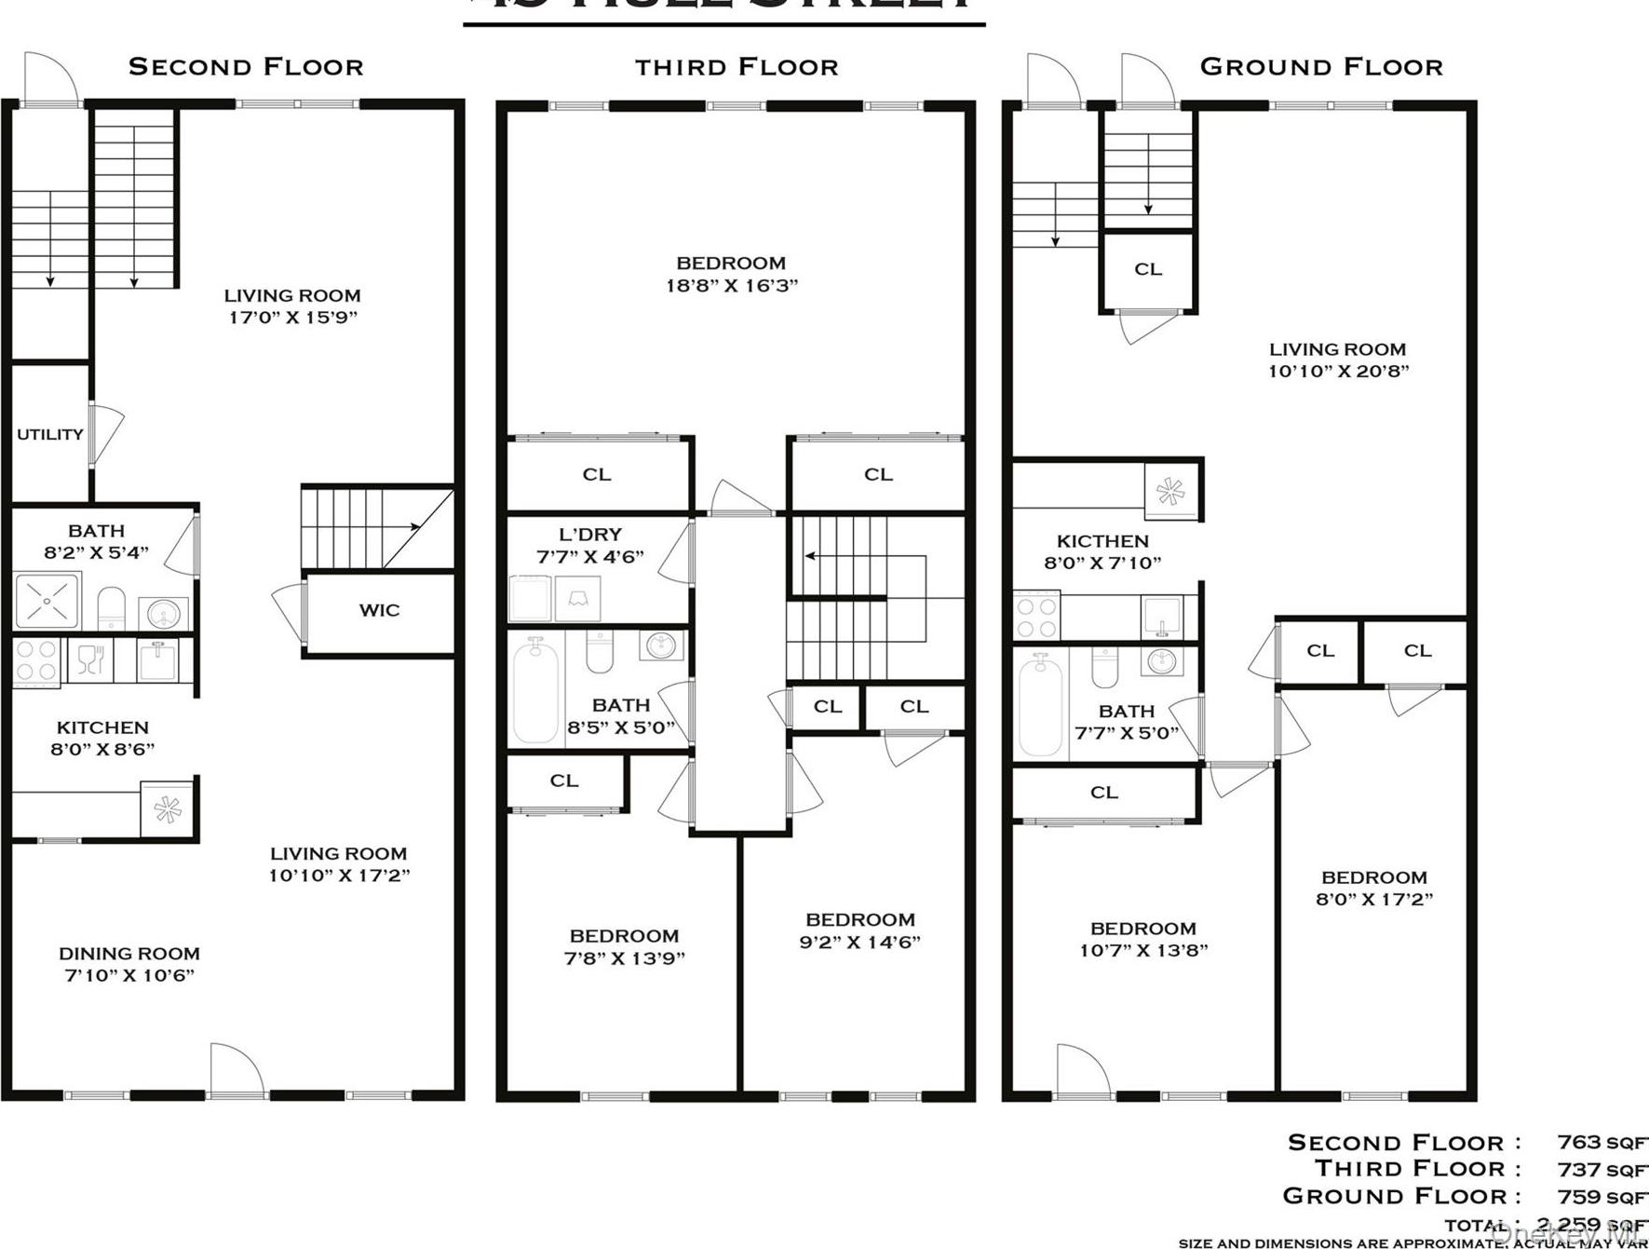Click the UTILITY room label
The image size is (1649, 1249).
click(50, 434)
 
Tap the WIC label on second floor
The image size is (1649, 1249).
click(379, 610)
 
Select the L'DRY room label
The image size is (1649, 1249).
click(590, 535)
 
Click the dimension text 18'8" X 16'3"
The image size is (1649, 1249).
click(732, 286)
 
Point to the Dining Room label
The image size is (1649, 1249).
click(128, 954)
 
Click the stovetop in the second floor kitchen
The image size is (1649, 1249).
click(36, 660)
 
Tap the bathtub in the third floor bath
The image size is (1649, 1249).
click(535, 690)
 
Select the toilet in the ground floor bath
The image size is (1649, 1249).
click(1104, 667)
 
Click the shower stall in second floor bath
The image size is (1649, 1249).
click(47, 601)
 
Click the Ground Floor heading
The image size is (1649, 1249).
click(1320, 67)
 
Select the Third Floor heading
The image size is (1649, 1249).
click(737, 67)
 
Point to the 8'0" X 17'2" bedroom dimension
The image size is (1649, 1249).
click(1374, 900)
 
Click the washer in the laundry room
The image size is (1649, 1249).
click(529, 599)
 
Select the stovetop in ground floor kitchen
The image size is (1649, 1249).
click(1035, 616)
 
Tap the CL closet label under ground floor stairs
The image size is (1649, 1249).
click(1147, 269)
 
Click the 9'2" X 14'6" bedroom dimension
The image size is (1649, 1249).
click(859, 942)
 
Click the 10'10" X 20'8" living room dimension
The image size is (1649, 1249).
click(1338, 372)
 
